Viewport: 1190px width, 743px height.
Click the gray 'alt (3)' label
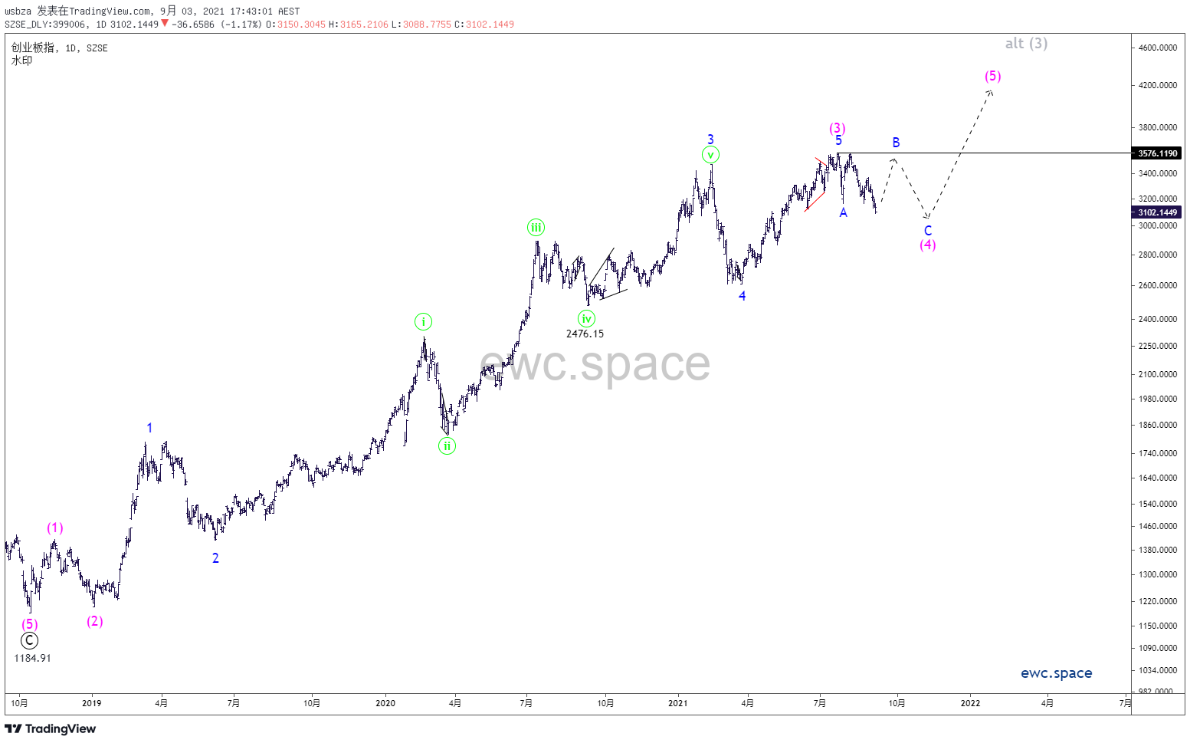point(1026,44)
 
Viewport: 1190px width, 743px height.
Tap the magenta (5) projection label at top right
point(992,76)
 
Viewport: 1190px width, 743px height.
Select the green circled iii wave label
point(536,227)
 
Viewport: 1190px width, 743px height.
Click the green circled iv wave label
point(586,319)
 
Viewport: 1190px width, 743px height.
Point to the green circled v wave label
point(710,155)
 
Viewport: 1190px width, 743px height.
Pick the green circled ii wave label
point(447,445)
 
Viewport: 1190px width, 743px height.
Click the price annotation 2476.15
point(585,334)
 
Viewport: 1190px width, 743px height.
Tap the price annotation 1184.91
point(32,658)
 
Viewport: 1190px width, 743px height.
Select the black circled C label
point(29,641)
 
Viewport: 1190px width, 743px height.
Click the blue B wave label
point(896,143)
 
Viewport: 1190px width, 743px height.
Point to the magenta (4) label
point(927,245)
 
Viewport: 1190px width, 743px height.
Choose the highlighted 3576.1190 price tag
point(1157,153)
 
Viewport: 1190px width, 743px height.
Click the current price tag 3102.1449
point(1157,212)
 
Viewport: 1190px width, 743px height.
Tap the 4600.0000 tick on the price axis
point(1157,48)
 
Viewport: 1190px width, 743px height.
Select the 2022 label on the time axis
point(970,703)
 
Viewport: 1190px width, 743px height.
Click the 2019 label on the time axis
point(91,703)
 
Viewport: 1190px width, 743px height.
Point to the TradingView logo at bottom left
point(51,728)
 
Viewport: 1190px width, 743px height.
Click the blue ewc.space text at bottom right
point(1056,673)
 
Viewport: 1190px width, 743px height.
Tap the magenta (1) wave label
point(54,528)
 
